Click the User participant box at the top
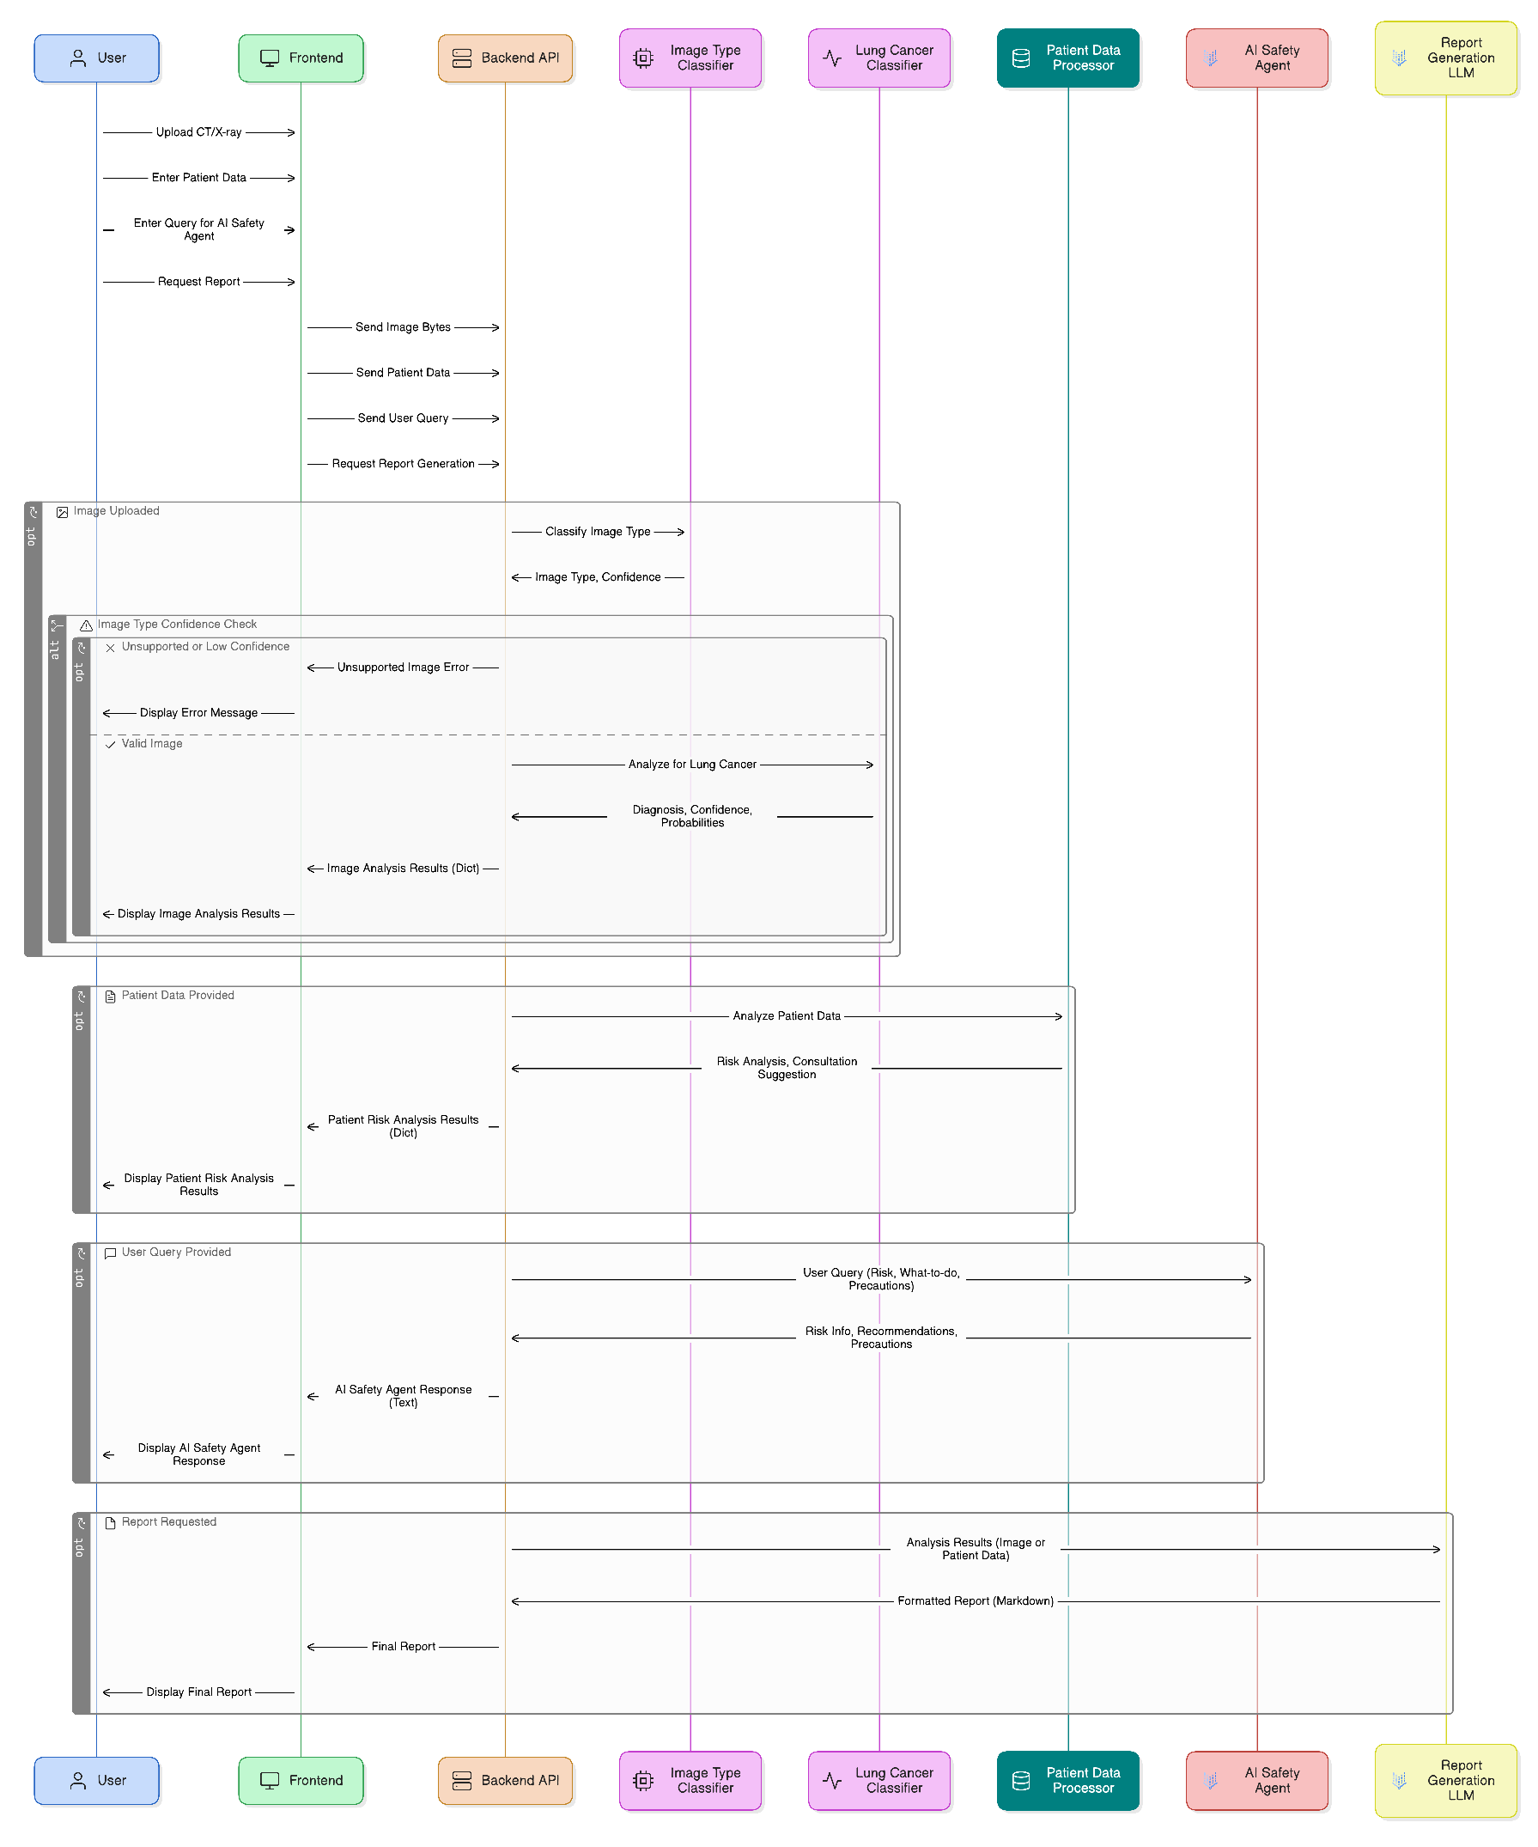(96, 58)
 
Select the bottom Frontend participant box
(301, 1780)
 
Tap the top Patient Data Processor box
(1067, 58)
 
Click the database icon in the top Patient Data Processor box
(1021, 58)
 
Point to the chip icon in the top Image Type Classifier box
(643, 58)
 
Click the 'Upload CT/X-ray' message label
(198, 132)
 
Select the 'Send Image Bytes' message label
(403, 327)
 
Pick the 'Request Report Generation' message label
(403, 464)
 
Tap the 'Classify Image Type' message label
(598, 531)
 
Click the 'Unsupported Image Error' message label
(403, 667)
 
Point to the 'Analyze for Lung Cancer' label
(692, 765)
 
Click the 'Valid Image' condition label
(152, 743)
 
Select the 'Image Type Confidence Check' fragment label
(177, 625)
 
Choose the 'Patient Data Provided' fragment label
(178, 996)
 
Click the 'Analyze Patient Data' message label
(786, 1015)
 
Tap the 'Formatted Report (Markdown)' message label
(976, 1600)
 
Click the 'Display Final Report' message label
(198, 1692)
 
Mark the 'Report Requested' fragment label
(169, 1521)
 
